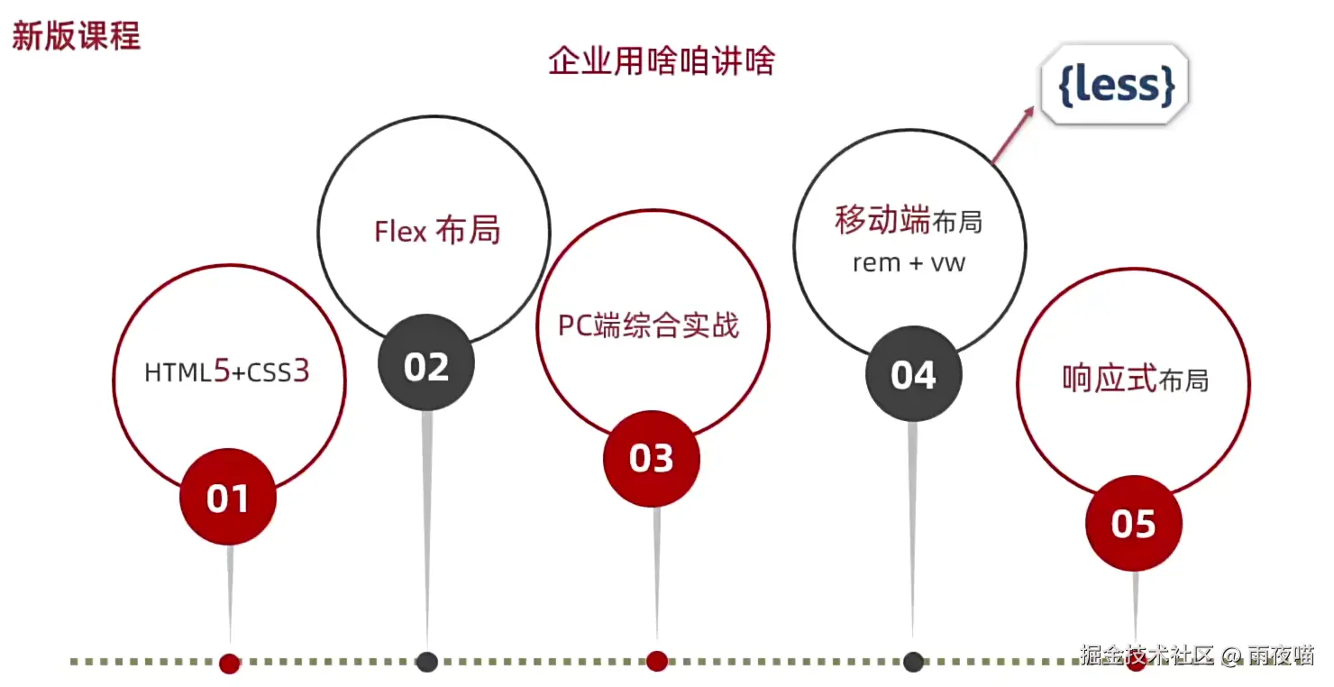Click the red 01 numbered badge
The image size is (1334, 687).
pos(228,498)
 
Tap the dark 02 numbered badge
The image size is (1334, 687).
pos(426,366)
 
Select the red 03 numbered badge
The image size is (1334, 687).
pos(652,458)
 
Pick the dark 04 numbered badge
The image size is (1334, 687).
pos(913,374)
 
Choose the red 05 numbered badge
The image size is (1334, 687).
pos(1133,523)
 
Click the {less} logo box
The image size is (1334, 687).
pos(1117,86)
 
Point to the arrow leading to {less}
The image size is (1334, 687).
pos(1013,135)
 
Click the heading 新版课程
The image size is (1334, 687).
pos(76,37)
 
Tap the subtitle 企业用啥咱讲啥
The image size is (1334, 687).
pos(662,61)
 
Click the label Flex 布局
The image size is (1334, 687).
pos(437,231)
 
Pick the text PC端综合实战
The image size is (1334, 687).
pos(649,325)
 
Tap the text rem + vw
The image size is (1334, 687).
pos(909,262)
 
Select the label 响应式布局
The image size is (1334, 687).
pos(1135,380)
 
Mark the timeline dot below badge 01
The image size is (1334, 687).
pos(230,663)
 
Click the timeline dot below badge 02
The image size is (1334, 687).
pos(427,662)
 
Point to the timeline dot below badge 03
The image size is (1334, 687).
pos(656,661)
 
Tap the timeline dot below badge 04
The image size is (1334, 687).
pos(913,662)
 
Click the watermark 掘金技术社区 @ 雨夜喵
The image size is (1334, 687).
pos(1197,655)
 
